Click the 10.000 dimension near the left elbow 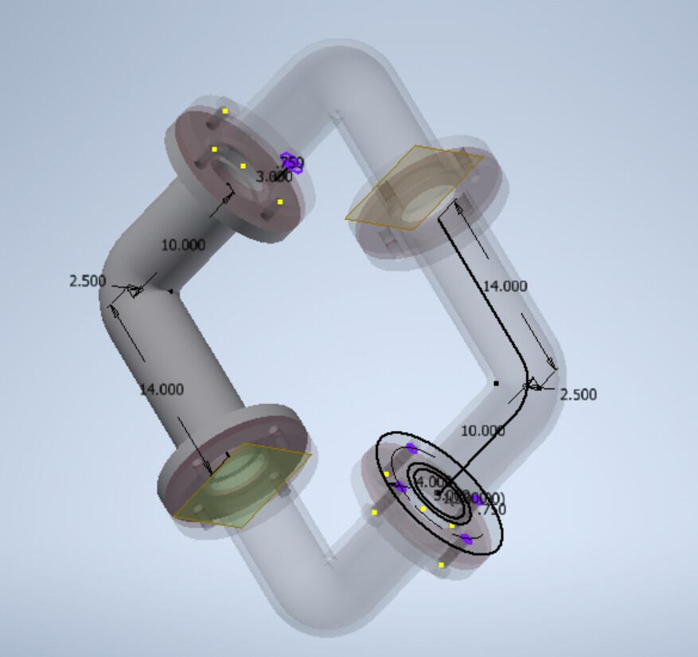(x=183, y=244)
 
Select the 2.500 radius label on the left (x=88, y=280)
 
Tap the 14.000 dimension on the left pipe (x=162, y=389)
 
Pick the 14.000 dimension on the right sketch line (x=505, y=286)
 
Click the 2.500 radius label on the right (x=578, y=394)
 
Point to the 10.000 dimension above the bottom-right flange (x=483, y=431)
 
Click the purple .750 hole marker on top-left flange (x=292, y=163)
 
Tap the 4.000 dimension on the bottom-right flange (x=431, y=482)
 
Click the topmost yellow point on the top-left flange (x=225, y=111)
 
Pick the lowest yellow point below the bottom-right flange (x=441, y=565)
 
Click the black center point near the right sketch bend (x=496, y=383)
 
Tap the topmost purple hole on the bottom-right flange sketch (x=411, y=448)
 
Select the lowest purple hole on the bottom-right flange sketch (x=466, y=539)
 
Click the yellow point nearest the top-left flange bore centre (x=243, y=166)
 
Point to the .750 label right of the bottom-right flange (x=491, y=510)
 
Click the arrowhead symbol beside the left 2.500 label (x=134, y=291)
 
